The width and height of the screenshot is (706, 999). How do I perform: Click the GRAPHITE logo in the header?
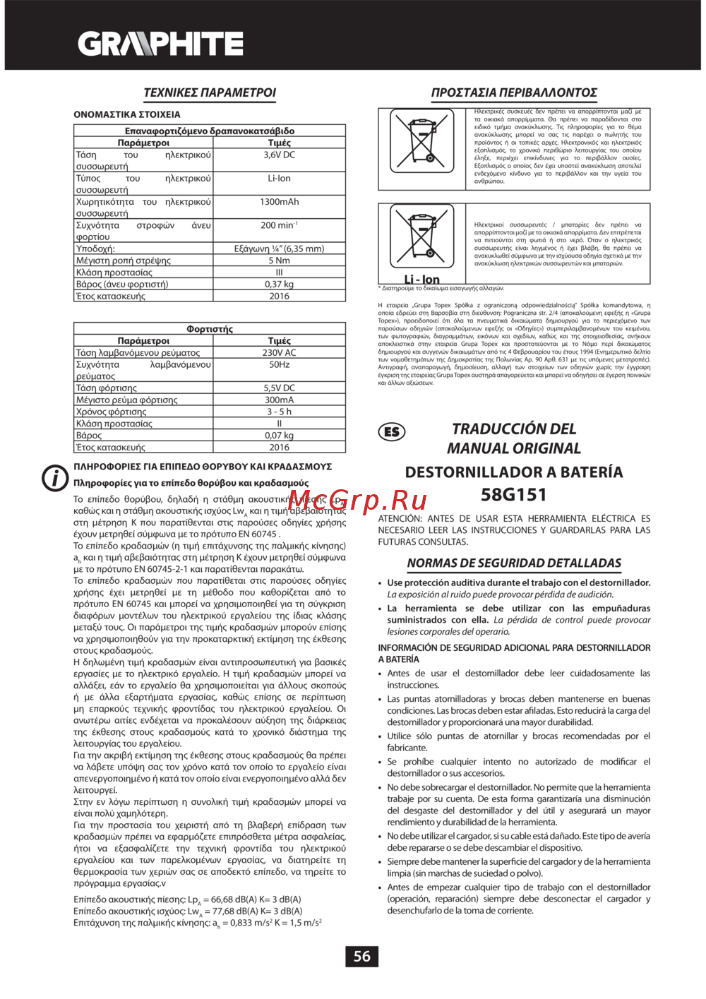160,44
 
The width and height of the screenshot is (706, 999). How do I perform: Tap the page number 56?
361,956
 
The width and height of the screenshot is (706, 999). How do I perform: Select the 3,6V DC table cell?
279,155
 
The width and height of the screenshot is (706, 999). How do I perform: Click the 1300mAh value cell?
279,202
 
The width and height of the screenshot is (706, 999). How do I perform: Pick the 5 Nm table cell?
279,261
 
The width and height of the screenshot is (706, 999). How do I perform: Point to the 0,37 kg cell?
279,284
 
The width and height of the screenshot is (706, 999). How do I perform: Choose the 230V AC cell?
279,352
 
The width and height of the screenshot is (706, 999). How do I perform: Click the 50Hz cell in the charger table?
279,364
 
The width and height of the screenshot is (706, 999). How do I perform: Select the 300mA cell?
279,400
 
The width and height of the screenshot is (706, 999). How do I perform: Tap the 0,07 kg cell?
279,436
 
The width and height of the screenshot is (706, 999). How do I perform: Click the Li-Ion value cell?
279,179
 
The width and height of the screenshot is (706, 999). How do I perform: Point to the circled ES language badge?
393,432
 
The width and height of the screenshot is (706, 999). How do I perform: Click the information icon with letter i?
55,478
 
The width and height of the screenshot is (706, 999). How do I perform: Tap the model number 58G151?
513,495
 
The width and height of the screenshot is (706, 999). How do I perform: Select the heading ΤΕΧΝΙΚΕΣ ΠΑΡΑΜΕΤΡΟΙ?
210,92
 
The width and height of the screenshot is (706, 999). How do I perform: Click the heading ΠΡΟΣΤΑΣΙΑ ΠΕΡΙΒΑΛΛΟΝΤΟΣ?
514,92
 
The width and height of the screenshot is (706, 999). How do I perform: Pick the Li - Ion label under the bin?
421,280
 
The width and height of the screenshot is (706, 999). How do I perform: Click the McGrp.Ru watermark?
366,501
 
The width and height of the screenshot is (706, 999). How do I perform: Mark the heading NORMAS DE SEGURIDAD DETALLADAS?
514,563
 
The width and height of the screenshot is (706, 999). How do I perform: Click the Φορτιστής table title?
210,329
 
